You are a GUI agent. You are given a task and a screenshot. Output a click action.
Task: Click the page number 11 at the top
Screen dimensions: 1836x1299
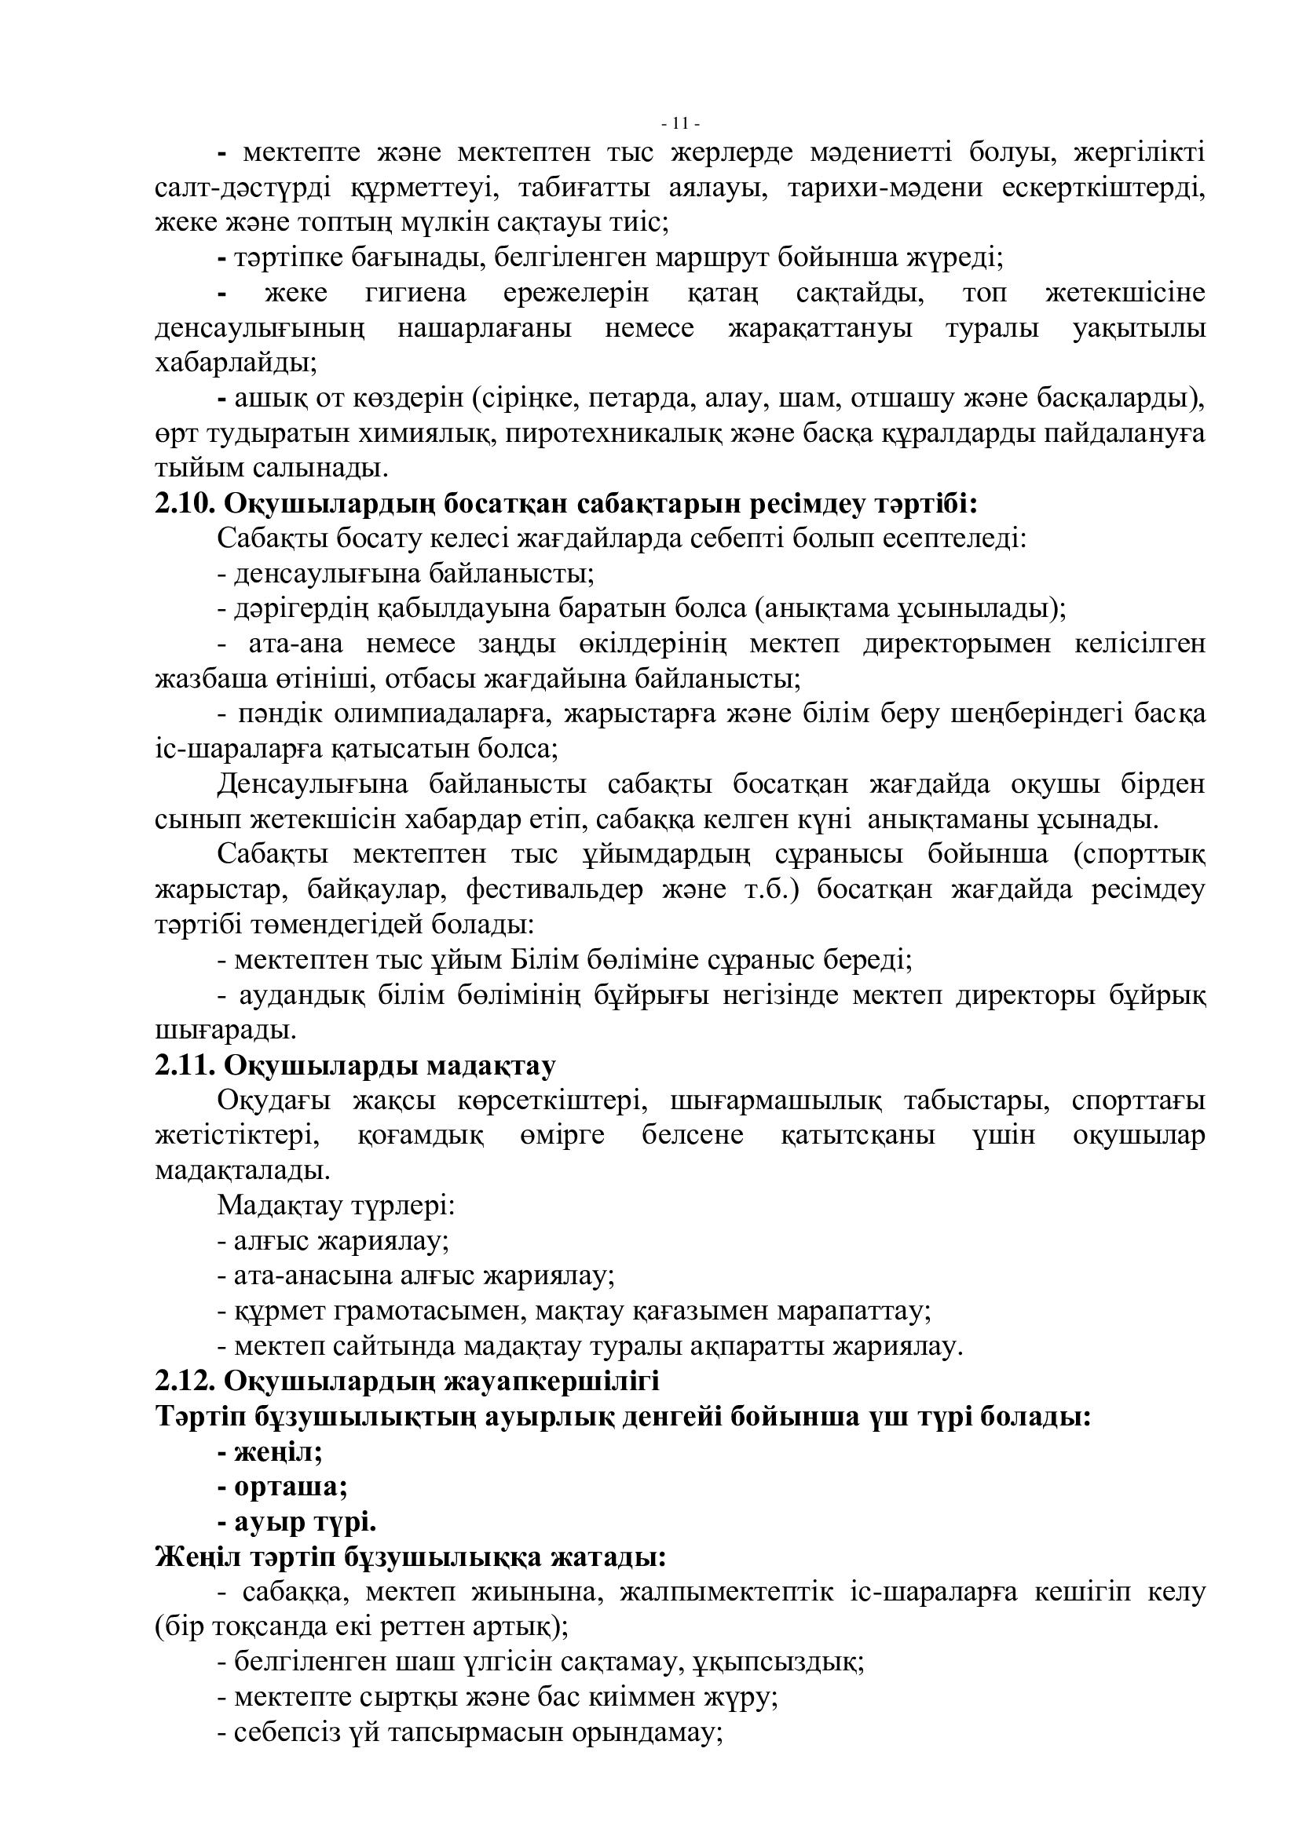(x=681, y=124)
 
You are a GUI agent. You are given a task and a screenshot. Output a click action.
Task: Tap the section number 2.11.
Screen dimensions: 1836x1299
(x=185, y=1066)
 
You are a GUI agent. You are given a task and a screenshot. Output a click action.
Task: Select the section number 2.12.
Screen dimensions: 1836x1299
(x=185, y=1381)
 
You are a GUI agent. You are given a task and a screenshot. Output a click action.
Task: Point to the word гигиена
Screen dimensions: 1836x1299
(x=415, y=294)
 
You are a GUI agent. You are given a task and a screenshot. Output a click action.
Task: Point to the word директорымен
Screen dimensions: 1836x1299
(x=957, y=644)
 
